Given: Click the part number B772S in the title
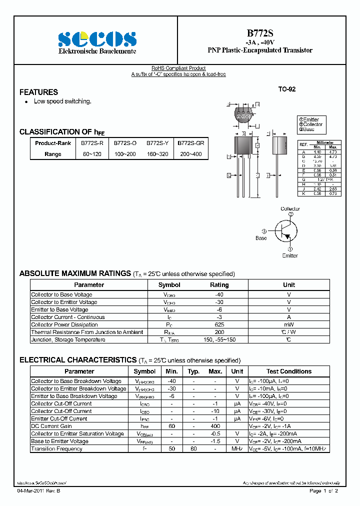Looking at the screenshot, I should click(260, 33).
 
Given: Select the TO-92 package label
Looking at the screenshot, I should click(287, 89).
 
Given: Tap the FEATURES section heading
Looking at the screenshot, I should click(38, 92).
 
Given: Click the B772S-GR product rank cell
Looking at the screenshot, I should click(191, 143).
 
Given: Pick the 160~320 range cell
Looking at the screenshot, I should click(157, 154).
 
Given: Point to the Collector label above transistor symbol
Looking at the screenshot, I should click(290, 209).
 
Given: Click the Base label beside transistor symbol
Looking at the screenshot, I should click(261, 238).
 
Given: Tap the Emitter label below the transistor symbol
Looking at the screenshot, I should click(290, 255).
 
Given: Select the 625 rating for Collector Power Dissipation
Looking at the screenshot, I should click(219, 324).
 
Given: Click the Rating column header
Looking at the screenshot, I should click(219, 285).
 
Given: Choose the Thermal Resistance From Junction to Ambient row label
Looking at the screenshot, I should click(87, 332).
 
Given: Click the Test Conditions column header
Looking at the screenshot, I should click(288, 371).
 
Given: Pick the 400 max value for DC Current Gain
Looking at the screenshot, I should click(215, 426).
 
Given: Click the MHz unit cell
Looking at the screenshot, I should click(237, 448).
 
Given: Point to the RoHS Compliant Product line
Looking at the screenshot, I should click(178, 68).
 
